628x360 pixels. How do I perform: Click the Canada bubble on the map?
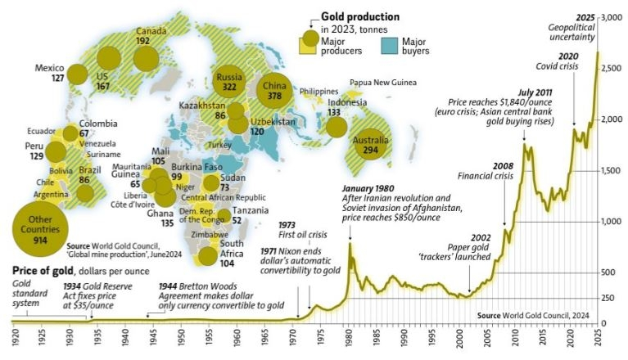point(146,56)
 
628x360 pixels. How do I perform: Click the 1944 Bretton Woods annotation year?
point(169,286)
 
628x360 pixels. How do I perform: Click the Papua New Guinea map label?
point(386,83)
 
